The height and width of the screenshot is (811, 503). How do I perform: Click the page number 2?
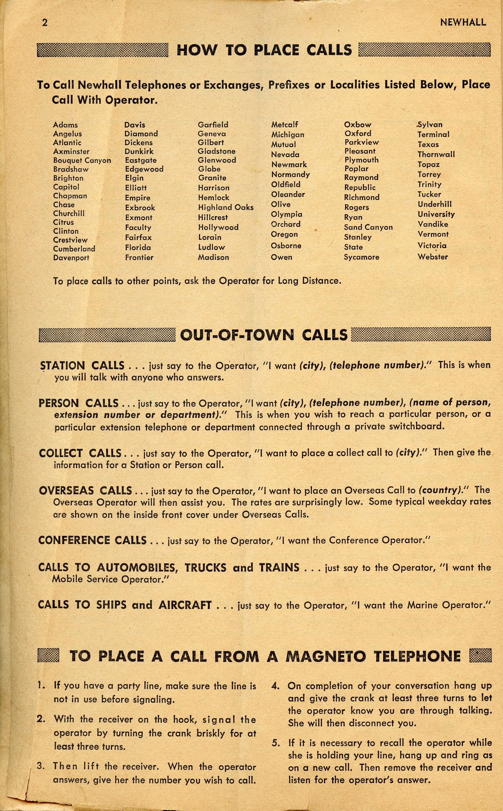(x=45, y=23)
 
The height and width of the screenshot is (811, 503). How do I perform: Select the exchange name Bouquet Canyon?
(x=82, y=160)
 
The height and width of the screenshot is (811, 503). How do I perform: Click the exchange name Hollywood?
(x=218, y=227)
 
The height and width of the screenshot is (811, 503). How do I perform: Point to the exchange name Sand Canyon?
(x=368, y=227)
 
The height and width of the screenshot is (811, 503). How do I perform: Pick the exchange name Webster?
(x=433, y=257)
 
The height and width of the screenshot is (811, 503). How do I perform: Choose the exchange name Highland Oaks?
(x=226, y=208)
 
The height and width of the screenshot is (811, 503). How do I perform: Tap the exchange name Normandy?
(x=291, y=174)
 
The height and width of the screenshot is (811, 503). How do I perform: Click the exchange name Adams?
(x=65, y=125)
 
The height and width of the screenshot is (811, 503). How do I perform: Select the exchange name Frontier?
(x=139, y=257)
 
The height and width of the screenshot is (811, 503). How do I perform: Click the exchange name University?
(x=436, y=214)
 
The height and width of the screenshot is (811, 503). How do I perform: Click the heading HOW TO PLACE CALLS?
(x=264, y=50)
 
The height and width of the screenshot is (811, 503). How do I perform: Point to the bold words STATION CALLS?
(x=82, y=366)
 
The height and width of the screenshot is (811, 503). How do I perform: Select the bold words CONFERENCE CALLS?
(x=92, y=540)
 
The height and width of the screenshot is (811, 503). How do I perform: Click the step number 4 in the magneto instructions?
(x=275, y=686)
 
